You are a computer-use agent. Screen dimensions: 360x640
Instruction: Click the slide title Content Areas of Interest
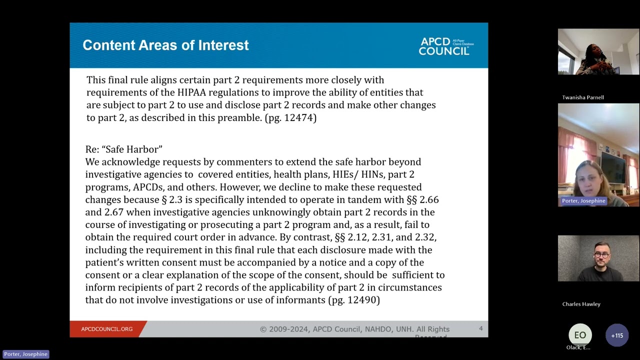(x=165, y=45)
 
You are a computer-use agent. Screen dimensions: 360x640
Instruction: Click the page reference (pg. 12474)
(x=290, y=117)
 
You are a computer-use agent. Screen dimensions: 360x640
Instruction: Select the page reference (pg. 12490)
(x=354, y=300)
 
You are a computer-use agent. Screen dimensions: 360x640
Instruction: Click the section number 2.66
(x=429, y=199)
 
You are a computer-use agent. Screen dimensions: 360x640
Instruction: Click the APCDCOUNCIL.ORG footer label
(x=106, y=329)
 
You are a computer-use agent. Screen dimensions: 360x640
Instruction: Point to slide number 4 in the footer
(x=480, y=328)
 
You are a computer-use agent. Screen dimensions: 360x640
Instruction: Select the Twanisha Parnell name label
(x=582, y=97)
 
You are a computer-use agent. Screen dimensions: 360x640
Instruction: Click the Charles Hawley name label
(x=581, y=304)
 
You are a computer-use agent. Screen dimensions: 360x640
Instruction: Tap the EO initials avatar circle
(x=580, y=335)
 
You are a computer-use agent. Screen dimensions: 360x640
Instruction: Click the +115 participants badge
(x=617, y=335)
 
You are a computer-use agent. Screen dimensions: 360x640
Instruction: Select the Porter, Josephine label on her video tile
(x=583, y=201)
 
